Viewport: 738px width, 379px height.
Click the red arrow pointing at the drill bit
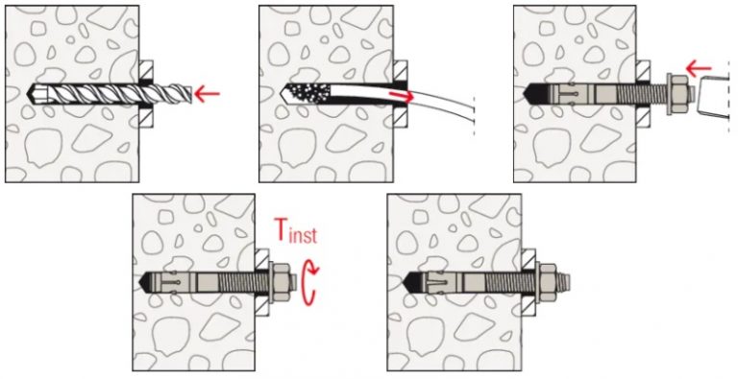pos(207,95)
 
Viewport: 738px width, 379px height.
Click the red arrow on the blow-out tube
pos(402,96)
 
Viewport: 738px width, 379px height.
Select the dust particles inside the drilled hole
pos(306,94)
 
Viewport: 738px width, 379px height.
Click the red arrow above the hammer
pos(699,69)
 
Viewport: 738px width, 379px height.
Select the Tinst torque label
pos(295,231)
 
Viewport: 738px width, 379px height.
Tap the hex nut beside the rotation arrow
pos(282,282)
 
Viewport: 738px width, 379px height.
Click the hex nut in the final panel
pos(547,282)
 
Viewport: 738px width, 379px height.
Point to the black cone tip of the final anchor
pos(414,282)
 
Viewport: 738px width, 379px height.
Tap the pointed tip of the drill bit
pos(29,94)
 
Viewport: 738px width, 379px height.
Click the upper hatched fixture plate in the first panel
pos(146,71)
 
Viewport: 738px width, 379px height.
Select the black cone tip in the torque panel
pos(151,282)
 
